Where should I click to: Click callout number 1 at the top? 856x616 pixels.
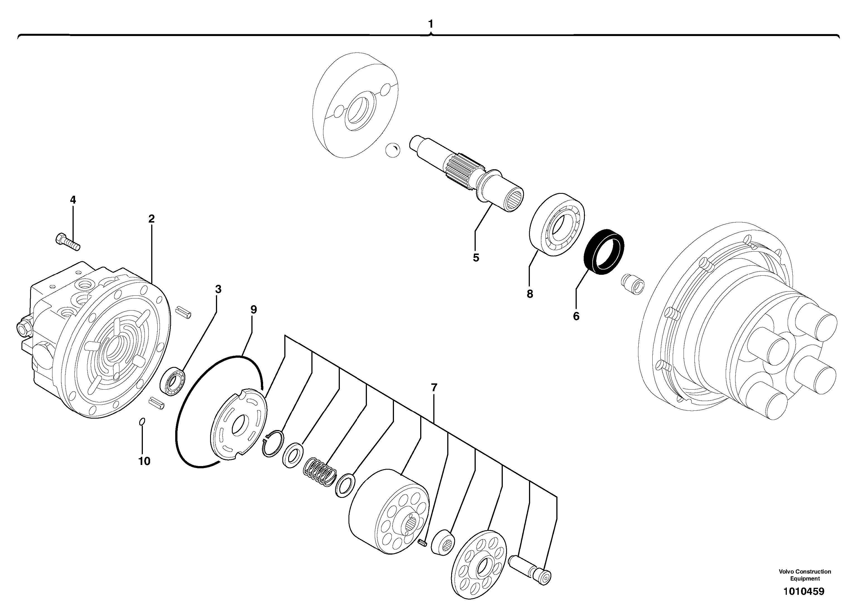click(431, 24)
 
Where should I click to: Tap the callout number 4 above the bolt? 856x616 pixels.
click(73, 200)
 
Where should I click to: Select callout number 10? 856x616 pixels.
click(144, 461)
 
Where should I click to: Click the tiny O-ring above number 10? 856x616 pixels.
click(142, 421)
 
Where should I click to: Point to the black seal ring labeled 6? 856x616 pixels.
click(604, 252)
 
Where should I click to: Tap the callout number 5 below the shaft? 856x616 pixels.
click(476, 258)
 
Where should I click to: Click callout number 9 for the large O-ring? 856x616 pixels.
click(254, 310)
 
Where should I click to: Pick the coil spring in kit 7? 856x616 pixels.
click(320, 471)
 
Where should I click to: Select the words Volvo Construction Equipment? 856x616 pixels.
click(805, 575)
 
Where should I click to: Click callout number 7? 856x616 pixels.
click(434, 388)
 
